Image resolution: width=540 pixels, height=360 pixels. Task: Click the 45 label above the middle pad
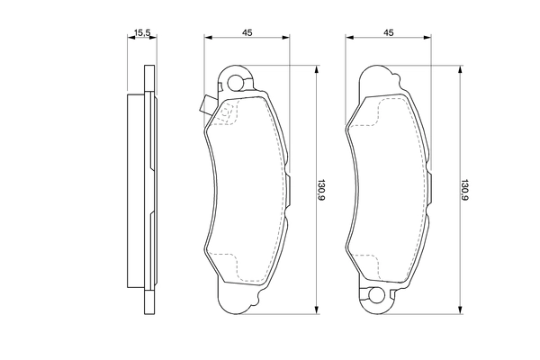coord(246,32)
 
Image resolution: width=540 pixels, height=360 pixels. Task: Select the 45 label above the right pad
coord(389,32)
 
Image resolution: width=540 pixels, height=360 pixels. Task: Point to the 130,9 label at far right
coord(463,192)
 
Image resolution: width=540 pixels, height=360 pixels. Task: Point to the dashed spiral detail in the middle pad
coord(228,112)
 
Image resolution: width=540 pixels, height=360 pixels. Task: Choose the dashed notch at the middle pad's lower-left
coord(236,271)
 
